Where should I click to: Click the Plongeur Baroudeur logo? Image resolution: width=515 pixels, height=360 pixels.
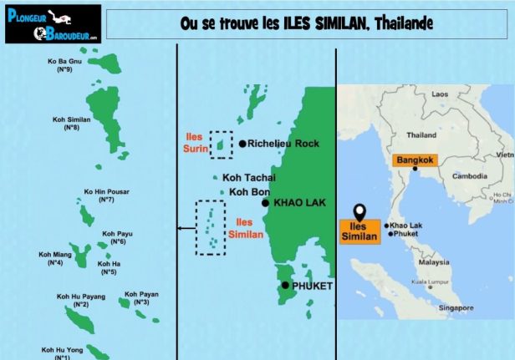[53, 23]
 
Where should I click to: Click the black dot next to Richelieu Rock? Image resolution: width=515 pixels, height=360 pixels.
[242, 144]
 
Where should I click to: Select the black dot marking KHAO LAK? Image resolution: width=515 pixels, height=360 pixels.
[265, 202]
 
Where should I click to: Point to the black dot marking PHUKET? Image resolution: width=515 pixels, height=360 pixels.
[285, 286]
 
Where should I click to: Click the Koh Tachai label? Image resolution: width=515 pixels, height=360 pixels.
[248, 177]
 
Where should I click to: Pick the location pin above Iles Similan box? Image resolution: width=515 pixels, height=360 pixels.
[359, 211]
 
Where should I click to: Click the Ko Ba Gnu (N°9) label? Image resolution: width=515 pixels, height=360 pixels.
[64, 65]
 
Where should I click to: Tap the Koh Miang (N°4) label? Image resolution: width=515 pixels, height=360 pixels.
[55, 258]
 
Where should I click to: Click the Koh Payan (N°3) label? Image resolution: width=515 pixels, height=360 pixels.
[141, 297]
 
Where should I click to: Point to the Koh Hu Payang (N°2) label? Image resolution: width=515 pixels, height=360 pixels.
[81, 300]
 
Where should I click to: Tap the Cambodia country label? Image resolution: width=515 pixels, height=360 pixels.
[469, 176]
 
